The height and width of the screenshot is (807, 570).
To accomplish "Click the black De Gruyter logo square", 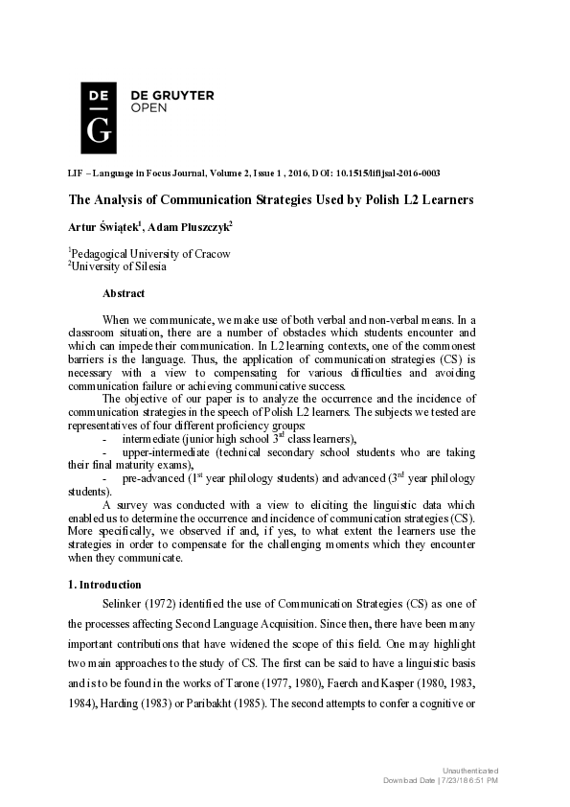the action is pos(99,118).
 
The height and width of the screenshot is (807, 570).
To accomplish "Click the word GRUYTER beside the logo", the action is pos(181,95).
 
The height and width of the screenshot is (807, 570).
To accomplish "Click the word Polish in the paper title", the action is pos(386,200).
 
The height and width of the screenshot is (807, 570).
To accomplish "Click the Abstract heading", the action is pos(124,293).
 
